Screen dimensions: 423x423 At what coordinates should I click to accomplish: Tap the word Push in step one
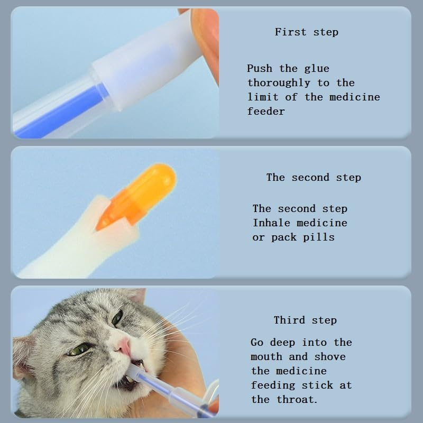click(x=260, y=68)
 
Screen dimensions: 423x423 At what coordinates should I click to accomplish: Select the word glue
click(x=317, y=68)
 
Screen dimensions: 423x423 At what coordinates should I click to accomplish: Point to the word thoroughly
click(x=279, y=83)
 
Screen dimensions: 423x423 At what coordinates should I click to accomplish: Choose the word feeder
click(x=266, y=111)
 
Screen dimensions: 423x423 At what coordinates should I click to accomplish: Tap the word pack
click(x=284, y=237)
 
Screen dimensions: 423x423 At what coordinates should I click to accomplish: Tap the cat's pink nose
click(x=123, y=346)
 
